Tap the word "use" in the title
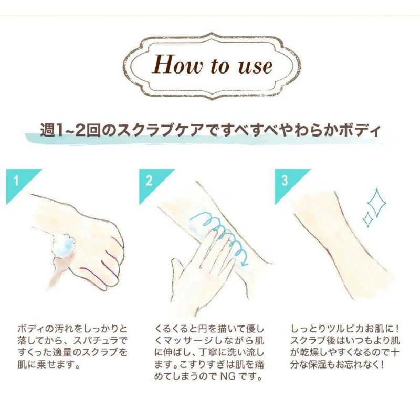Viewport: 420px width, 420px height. click(255, 66)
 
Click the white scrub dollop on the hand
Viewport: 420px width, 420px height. click(64, 245)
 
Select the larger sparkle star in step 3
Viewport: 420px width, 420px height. click(377, 203)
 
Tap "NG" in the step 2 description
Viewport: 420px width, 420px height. click(228, 376)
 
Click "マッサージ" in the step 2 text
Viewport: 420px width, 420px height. click(186, 340)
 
